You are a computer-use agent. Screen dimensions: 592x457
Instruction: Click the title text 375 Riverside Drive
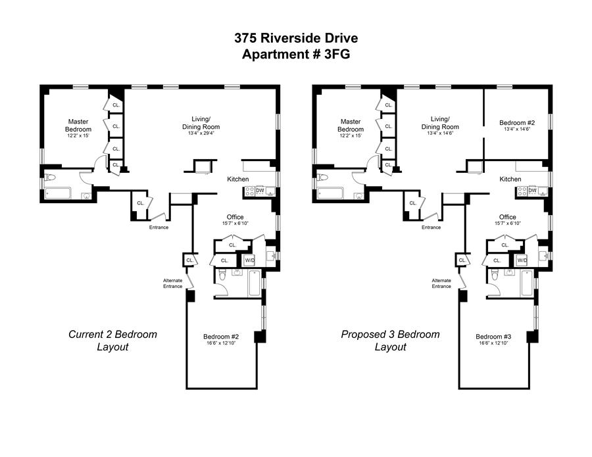[x=296, y=38]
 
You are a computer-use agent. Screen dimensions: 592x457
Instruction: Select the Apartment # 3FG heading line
[x=296, y=55]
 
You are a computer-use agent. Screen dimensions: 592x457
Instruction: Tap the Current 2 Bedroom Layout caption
[x=112, y=341]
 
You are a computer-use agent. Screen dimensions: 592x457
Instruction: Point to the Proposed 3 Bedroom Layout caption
[x=390, y=341]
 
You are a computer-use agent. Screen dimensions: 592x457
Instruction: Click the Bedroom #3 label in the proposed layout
[x=493, y=337]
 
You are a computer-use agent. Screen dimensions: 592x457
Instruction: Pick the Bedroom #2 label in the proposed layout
[x=517, y=123]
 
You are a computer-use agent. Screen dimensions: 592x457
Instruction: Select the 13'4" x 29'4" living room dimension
[x=201, y=133]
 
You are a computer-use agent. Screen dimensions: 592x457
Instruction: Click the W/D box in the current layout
[x=249, y=260]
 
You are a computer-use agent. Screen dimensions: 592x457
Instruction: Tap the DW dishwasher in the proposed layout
[x=532, y=191]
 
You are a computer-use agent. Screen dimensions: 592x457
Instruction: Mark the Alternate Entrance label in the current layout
[x=172, y=283]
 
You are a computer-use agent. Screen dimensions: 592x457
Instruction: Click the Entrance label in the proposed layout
[x=431, y=227]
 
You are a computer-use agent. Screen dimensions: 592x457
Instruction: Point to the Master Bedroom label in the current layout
[x=78, y=126]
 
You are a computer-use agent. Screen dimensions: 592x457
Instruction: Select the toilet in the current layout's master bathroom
[x=50, y=177]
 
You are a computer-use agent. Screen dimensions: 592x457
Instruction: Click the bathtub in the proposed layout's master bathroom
[x=330, y=193]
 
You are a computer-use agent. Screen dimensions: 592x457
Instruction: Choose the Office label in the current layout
[x=235, y=217]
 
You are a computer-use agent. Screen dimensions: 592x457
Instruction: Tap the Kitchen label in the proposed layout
[x=510, y=179]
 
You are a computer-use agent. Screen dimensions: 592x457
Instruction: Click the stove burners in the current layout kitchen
[x=249, y=191]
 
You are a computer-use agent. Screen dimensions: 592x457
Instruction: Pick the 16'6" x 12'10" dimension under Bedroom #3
[x=493, y=343]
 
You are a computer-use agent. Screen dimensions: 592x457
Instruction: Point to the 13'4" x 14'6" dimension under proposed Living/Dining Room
[x=440, y=133]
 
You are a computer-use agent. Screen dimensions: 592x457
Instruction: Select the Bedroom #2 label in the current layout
[x=221, y=337]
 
